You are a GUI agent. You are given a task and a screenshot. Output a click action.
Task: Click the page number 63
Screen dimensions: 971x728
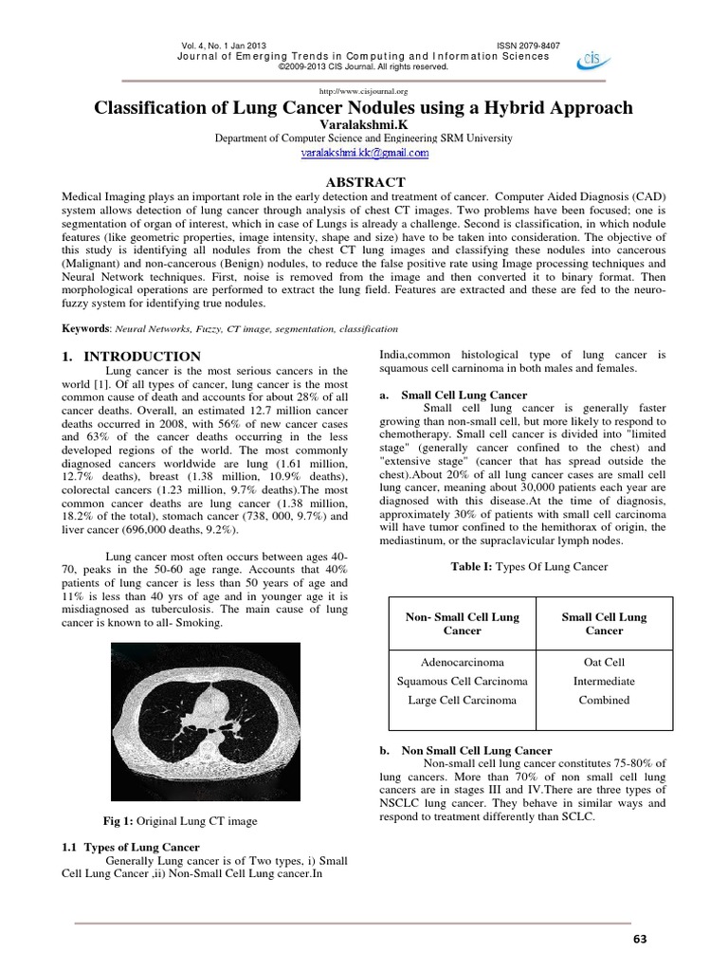638,939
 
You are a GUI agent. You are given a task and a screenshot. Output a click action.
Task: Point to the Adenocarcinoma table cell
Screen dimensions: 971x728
455,662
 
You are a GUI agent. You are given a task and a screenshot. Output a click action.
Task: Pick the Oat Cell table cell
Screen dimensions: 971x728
604,662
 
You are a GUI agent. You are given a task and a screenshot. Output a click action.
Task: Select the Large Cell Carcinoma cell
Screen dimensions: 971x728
455,700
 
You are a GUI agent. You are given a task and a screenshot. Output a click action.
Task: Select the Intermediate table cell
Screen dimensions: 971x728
604,681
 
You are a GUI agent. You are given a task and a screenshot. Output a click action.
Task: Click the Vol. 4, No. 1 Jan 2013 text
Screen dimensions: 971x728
221,46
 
